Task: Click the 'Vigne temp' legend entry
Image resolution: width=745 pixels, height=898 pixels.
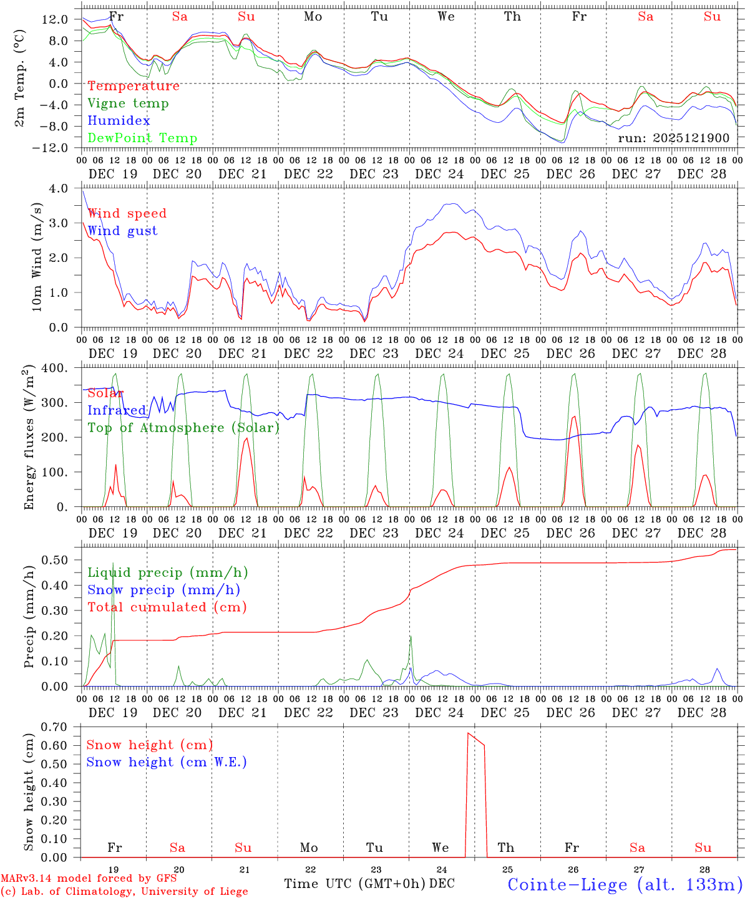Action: point(128,104)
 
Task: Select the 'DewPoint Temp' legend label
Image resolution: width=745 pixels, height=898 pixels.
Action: point(142,138)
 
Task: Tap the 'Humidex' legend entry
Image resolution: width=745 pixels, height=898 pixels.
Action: point(119,121)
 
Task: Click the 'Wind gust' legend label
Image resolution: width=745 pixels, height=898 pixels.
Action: point(122,231)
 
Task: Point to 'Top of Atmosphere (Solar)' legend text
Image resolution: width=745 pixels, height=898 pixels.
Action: point(183,428)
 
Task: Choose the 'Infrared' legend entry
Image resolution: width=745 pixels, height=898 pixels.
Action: point(117,410)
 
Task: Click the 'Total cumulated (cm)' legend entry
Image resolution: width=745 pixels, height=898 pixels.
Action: point(167,607)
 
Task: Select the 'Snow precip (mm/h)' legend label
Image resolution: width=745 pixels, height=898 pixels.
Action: point(163,590)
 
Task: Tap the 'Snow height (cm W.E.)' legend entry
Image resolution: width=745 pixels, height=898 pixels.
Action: point(167,762)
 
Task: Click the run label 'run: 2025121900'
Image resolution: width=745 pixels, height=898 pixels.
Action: point(673,138)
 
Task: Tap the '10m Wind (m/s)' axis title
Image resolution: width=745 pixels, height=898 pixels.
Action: point(37,258)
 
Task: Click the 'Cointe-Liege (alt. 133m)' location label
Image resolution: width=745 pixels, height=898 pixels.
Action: point(625,884)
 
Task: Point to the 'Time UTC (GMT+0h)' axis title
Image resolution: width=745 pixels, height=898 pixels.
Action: point(354,884)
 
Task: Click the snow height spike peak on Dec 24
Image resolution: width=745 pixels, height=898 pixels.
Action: point(468,733)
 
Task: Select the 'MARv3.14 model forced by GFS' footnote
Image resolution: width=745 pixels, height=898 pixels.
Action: point(89,879)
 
